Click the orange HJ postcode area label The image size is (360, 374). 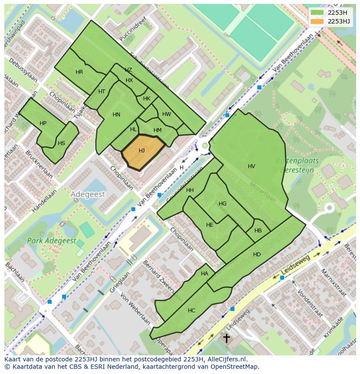click(x=142, y=151)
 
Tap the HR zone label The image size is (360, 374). click(x=79, y=72)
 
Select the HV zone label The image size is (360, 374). click(x=251, y=166)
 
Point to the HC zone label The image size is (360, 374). click(x=191, y=310)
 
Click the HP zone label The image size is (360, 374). click(x=43, y=123)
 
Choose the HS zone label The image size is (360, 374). click(x=61, y=143)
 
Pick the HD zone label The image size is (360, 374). click(x=257, y=254)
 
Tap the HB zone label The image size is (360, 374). click(x=258, y=231)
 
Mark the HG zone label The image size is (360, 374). click(x=223, y=203)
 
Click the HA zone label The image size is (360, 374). click(x=204, y=274)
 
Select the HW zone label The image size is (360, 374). click(x=167, y=114)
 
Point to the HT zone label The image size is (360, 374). click(x=102, y=92)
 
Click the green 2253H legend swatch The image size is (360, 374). click(x=317, y=13)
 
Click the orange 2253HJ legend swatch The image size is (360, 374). click(x=317, y=21)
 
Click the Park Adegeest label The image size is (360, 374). click(x=51, y=241)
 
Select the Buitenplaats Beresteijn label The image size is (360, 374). click(x=297, y=165)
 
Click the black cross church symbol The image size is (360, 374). click(x=226, y=338)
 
